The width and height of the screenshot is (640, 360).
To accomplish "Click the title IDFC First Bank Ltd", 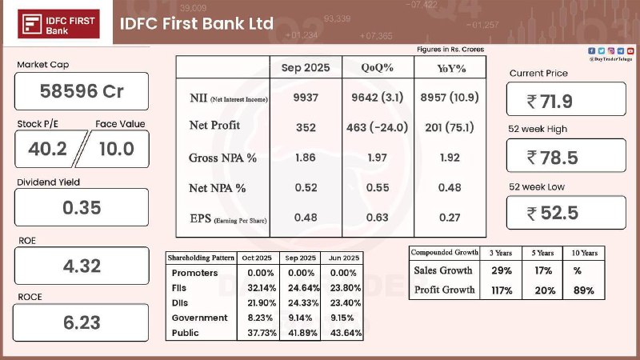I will (196, 23).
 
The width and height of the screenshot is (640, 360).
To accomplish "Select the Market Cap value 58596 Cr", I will (82, 91).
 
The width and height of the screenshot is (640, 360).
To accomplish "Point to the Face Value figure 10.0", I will (115, 149).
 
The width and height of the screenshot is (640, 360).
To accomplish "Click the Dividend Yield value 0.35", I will (82, 208).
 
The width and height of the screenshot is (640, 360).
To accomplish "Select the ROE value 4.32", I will (82, 266).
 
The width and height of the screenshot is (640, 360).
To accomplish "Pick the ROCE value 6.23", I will (82, 323).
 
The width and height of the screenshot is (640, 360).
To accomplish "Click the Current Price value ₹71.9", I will (566, 102).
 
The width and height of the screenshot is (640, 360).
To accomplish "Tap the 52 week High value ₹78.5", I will (566, 157).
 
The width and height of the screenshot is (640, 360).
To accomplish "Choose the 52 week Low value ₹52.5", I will (566, 213).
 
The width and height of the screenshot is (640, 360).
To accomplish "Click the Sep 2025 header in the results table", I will (305, 68).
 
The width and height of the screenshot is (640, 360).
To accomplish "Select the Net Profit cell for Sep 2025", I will (305, 127).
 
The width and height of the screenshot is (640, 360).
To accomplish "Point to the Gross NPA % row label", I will (223, 158).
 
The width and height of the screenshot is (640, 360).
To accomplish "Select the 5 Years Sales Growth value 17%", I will (545, 272).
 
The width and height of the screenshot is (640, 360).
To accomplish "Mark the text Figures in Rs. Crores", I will (450, 50).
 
